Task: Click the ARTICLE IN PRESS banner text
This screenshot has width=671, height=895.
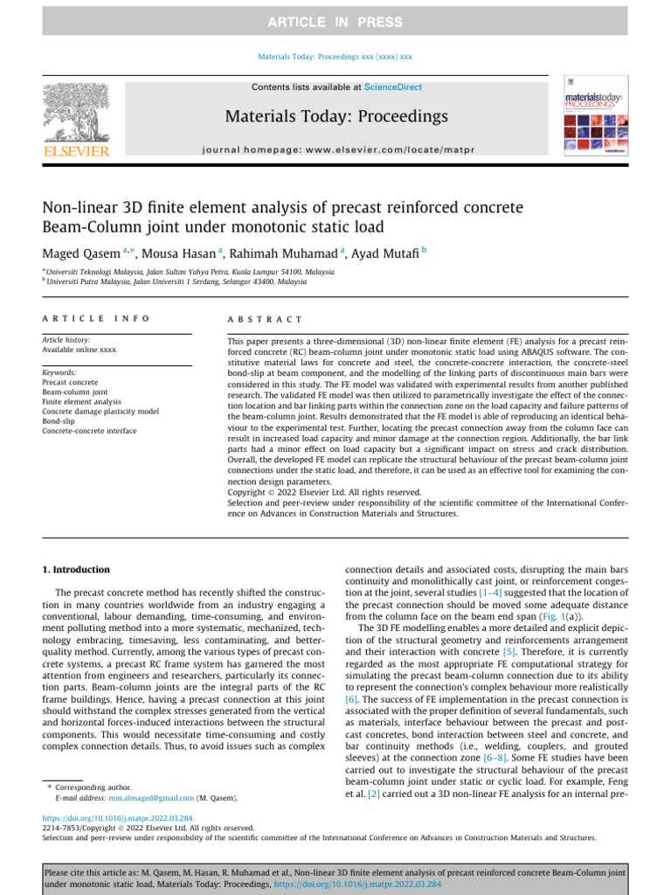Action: coord(335,22)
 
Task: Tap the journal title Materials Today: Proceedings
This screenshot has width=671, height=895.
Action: coord(336,116)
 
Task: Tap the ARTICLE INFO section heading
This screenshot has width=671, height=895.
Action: coord(96,320)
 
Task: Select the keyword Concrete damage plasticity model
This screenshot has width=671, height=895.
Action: coord(100,411)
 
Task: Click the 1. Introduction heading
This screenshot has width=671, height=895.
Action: coord(76,569)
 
